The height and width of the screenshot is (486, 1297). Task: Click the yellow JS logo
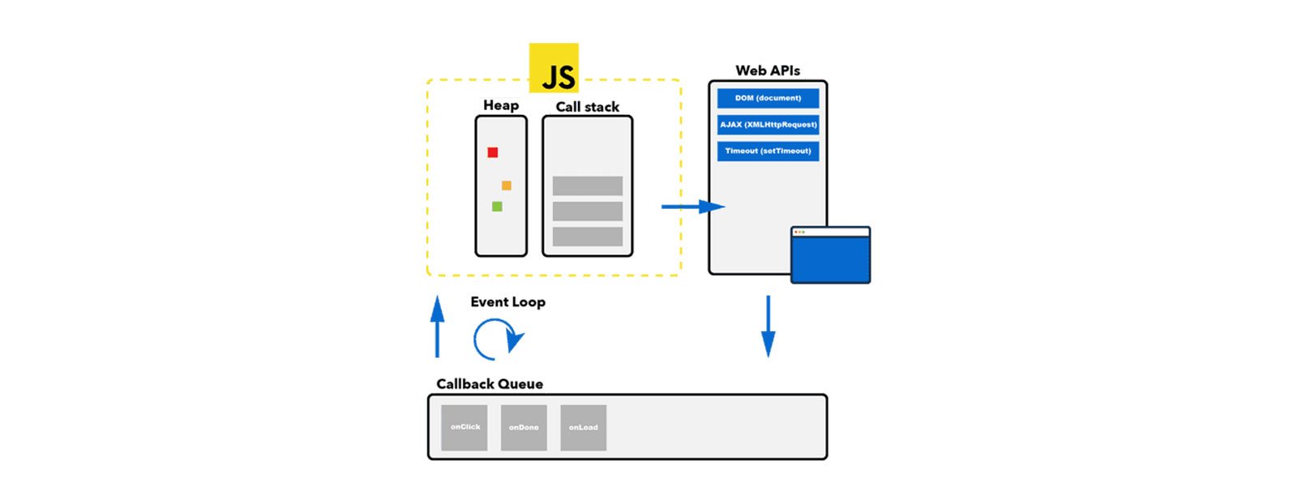pyautogui.click(x=554, y=68)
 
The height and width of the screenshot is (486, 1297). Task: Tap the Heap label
pyautogui.click(x=501, y=105)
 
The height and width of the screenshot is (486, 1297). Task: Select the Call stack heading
pyautogui.click(x=587, y=107)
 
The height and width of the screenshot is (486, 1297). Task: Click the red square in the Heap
pyautogui.click(x=493, y=152)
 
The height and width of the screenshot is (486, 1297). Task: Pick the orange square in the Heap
pyautogui.click(x=507, y=185)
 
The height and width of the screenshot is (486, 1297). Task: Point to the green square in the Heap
pyautogui.click(x=497, y=207)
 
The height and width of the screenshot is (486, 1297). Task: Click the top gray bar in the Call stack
pyautogui.click(x=588, y=185)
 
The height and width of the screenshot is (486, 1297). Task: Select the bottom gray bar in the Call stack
pyautogui.click(x=588, y=237)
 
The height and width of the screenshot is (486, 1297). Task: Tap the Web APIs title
pyautogui.click(x=768, y=70)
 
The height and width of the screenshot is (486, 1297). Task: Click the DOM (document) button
pyautogui.click(x=768, y=98)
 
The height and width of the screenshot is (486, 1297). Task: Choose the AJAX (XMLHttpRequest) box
pyautogui.click(x=768, y=125)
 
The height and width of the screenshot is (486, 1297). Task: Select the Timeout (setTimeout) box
pyautogui.click(x=768, y=151)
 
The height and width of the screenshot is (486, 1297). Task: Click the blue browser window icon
pyautogui.click(x=830, y=256)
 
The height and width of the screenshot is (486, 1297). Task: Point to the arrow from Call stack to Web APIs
pyautogui.click(x=692, y=207)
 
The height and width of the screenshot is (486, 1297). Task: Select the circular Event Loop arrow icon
pyautogui.click(x=497, y=339)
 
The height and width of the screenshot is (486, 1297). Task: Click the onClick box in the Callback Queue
pyautogui.click(x=464, y=427)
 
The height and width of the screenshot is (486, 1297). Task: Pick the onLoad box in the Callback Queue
pyautogui.click(x=584, y=427)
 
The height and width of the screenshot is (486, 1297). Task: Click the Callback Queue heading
pyautogui.click(x=490, y=384)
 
